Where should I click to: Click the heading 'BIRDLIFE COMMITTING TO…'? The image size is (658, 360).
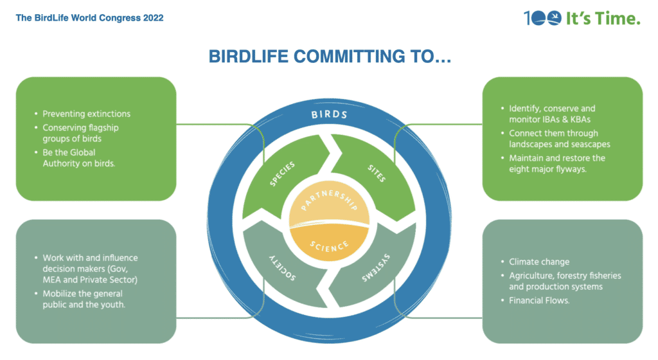point(328,57)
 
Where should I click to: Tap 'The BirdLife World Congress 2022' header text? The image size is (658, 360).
point(89,18)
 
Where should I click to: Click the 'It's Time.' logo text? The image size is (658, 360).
point(604,19)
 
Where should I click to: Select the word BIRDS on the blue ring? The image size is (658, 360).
point(329,115)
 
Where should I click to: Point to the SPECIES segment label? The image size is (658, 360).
point(283,174)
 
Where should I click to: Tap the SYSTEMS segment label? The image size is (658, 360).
point(376,267)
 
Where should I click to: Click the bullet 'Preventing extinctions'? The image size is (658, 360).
point(86,114)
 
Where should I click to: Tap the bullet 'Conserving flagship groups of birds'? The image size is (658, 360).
point(81,133)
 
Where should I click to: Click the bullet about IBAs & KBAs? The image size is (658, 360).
point(551,114)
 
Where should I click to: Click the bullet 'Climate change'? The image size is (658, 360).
point(539,262)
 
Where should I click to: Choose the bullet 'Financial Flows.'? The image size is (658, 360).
point(539,300)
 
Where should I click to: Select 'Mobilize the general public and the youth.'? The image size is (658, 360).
point(84,300)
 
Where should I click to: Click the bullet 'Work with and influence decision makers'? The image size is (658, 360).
point(90,268)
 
